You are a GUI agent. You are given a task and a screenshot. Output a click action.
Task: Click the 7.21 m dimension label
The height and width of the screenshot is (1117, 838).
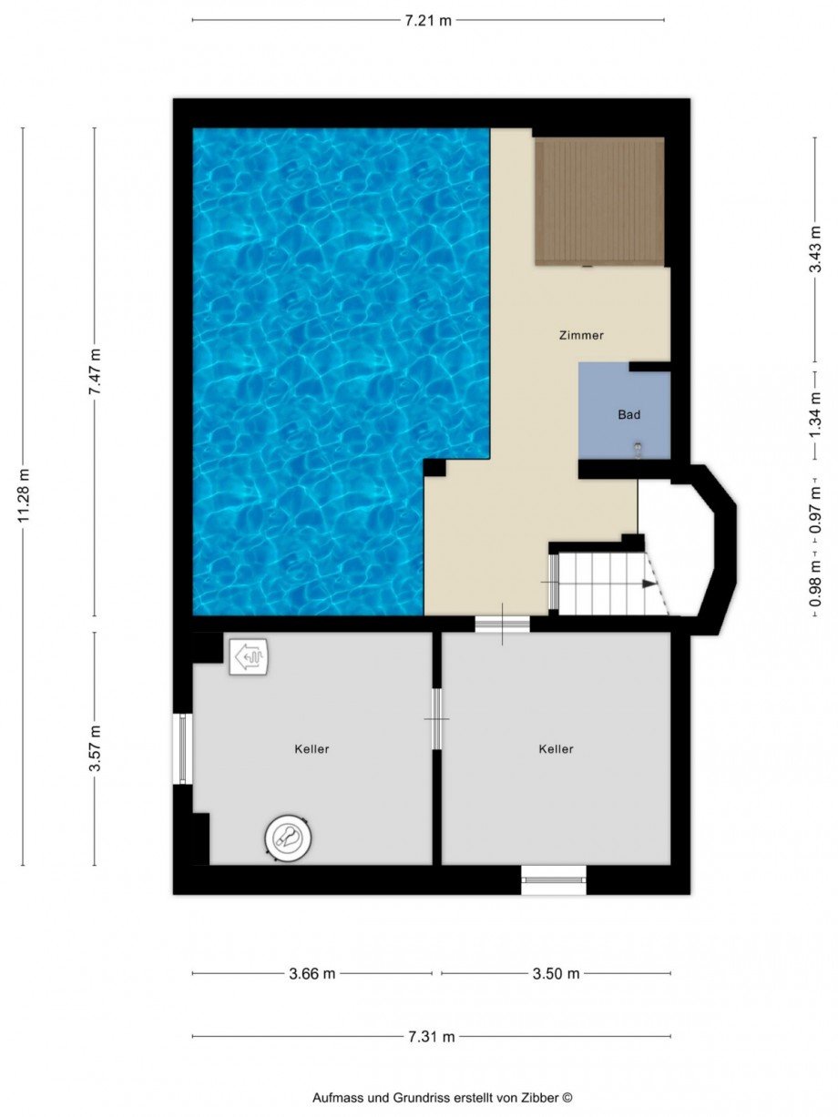427,20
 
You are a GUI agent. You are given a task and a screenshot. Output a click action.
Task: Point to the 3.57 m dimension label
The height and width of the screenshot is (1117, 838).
95,748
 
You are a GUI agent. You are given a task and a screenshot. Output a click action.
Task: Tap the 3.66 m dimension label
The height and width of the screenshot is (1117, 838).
312,973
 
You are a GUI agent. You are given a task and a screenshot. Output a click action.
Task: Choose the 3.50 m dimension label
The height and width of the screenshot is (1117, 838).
556,973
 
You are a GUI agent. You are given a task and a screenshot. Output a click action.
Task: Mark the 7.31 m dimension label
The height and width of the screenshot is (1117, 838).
431,1036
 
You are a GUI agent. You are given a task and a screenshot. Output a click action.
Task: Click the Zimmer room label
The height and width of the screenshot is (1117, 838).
581,335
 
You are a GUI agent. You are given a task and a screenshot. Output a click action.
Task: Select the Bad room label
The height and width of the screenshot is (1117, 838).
628,414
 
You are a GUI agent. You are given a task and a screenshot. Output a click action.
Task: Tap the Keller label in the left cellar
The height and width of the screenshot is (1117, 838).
312,749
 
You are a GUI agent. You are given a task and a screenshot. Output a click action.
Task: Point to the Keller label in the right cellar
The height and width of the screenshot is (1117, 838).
556,749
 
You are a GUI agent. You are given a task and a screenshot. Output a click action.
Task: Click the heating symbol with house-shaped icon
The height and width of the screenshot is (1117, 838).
249,655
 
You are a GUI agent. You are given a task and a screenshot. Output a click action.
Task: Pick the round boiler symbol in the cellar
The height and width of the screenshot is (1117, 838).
291,837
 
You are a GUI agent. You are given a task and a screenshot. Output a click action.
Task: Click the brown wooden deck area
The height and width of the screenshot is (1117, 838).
598,201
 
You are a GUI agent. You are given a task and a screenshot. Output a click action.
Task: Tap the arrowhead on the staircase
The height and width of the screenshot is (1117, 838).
649,584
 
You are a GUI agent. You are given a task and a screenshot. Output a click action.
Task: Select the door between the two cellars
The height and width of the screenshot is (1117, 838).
436,718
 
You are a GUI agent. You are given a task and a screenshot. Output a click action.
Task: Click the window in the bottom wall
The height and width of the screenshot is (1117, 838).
553,879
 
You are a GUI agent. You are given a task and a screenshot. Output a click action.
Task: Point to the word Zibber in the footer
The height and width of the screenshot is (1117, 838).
541,1098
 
